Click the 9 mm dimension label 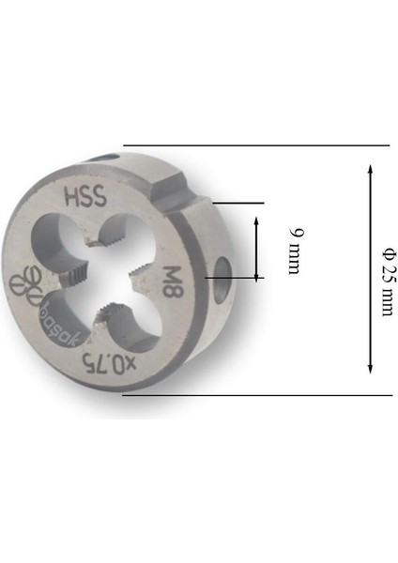pyautogui.click(x=295, y=249)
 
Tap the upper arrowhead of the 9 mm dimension pyautogui.click(x=254, y=219)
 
